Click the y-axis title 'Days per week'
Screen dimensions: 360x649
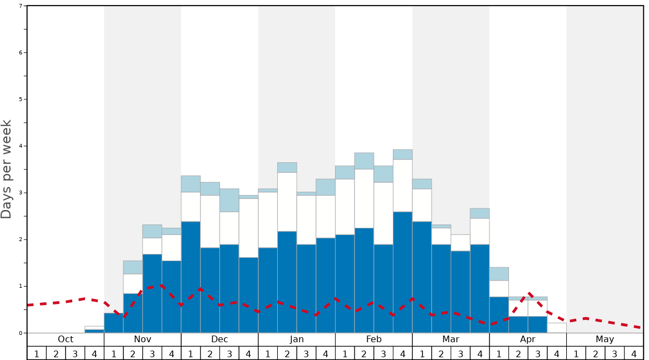[7, 169]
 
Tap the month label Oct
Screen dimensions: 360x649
[66, 339]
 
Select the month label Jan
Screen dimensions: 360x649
[297, 339]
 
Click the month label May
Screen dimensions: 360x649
[605, 339]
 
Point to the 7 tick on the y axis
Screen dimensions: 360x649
[21, 6]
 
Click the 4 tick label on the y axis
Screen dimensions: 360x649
[21, 146]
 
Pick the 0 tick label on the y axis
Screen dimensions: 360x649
[21, 333]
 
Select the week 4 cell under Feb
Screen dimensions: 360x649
[402, 353]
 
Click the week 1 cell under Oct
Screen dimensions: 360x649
[37, 353]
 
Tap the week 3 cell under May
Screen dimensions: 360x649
[614, 353]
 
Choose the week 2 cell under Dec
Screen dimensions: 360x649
[210, 353]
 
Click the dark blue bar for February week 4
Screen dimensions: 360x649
[402, 272]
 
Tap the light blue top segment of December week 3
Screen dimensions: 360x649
[229, 200]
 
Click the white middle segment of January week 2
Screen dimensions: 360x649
[287, 202]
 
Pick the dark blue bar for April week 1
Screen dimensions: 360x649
[499, 315]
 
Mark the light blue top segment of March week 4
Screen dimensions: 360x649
[480, 213]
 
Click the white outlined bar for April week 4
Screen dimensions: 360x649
[557, 328]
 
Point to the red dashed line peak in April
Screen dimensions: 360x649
[530, 293]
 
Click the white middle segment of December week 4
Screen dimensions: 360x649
[248, 228]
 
